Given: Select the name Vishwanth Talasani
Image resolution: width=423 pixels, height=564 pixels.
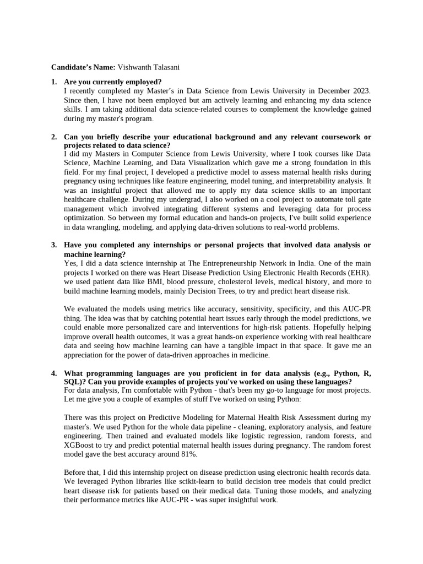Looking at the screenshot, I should tap(148, 67).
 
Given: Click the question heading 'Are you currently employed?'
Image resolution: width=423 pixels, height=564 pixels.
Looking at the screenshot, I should tap(113, 82).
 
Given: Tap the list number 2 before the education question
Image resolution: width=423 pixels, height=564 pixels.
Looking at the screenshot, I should tap(54, 137).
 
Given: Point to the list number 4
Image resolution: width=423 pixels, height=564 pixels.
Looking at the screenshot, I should tap(54, 373).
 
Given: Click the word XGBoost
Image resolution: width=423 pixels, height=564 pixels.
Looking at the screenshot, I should tap(82, 445).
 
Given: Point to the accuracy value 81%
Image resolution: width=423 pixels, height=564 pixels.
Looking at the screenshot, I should tap(187, 454).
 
